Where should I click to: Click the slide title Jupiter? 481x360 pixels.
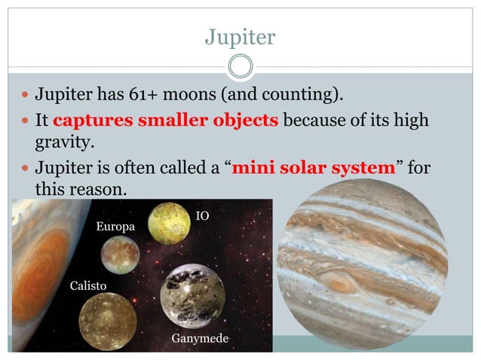point(240,36)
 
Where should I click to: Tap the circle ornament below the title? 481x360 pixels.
point(240,66)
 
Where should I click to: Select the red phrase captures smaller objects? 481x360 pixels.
point(166,120)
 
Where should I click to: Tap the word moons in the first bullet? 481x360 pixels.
point(206,96)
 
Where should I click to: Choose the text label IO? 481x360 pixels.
point(202,217)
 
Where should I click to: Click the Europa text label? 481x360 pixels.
point(115,227)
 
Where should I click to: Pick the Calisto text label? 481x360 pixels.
point(88,286)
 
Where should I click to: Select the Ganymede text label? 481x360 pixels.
point(200,340)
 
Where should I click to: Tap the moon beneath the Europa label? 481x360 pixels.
point(121,255)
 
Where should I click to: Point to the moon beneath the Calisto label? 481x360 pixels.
point(107,321)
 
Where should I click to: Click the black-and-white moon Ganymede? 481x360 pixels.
point(192,296)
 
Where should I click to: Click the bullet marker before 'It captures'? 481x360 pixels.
point(23,121)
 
